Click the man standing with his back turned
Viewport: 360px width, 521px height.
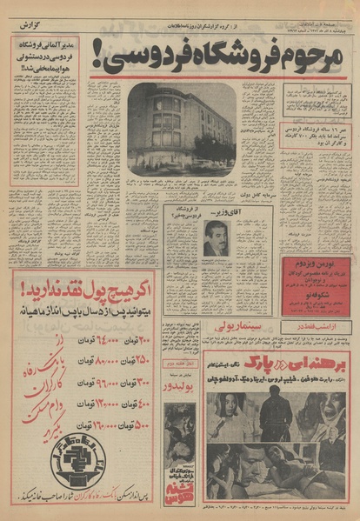pyautogui.click(x=275, y=415)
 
